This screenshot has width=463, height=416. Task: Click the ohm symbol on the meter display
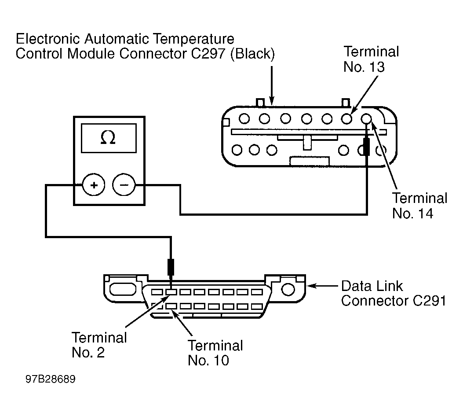pyautogui.click(x=108, y=138)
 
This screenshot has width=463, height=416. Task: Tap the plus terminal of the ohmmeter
pyautogui.click(x=94, y=185)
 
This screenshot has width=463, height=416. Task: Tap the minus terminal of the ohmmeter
pyautogui.click(x=124, y=185)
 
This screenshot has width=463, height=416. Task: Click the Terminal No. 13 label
pyautogui.click(x=371, y=59)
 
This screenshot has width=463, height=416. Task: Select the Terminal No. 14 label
pyautogui.click(x=419, y=205)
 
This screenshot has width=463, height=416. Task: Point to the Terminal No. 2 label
pyautogui.click(x=99, y=345)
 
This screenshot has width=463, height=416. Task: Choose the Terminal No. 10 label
pyautogui.click(x=215, y=353)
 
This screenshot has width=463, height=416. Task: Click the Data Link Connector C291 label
pyautogui.click(x=394, y=293)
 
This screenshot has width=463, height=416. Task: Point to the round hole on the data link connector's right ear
pyautogui.click(x=288, y=289)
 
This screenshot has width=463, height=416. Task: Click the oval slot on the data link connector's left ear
pyautogui.click(x=120, y=289)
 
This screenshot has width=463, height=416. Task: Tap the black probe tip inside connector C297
pyautogui.click(x=366, y=147)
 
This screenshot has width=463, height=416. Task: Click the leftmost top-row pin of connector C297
pyautogui.click(x=244, y=118)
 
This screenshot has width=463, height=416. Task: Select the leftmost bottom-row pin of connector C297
pyautogui.click(x=238, y=150)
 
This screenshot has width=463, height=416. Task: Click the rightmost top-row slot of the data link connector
pyautogui.click(x=255, y=291)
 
